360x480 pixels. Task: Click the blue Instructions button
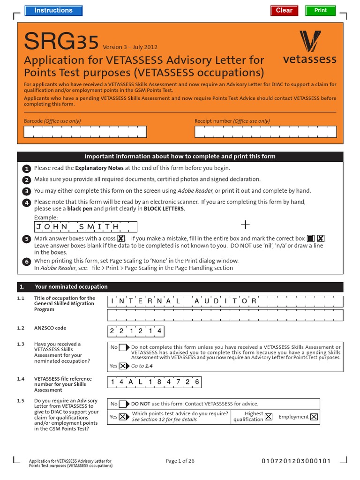(x=53, y=10)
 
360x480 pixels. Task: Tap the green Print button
(x=321, y=10)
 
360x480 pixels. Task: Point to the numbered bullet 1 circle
(x=27, y=168)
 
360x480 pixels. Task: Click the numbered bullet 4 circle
(x=27, y=202)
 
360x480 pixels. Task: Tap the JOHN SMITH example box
(x=86, y=227)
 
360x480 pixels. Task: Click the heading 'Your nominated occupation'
(x=71, y=287)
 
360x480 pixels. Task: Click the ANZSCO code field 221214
(x=135, y=331)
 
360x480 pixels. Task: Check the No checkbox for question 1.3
(x=123, y=347)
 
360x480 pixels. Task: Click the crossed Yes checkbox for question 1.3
(x=123, y=366)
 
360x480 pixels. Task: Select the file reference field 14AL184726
(x=155, y=382)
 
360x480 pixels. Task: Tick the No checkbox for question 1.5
(x=123, y=404)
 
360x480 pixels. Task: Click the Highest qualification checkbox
(x=268, y=417)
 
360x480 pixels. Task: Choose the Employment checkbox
(x=314, y=417)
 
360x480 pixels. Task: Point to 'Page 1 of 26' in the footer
(x=180, y=461)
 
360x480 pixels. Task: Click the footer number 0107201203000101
(x=296, y=461)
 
